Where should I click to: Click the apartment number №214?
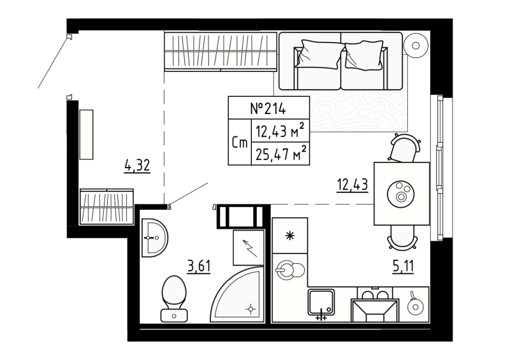tap(268, 108)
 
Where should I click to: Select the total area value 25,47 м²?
tap(280, 153)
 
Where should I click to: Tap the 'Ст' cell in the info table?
tap(240, 143)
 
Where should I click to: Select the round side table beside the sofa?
tap(417, 45)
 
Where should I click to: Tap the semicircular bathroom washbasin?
tap(154, 237)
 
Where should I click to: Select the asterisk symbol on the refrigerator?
tap(289, 236)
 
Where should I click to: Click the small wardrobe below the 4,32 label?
tap(106, 206)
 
